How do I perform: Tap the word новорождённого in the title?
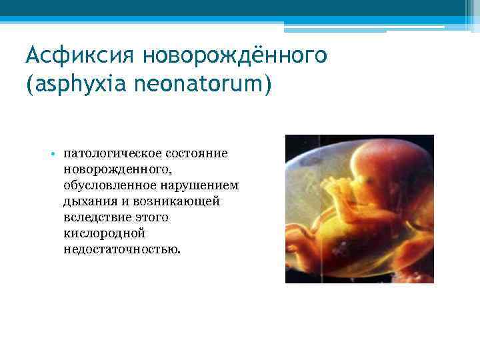click(x=240, y=55)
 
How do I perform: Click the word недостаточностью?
click(x=121, y=249)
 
